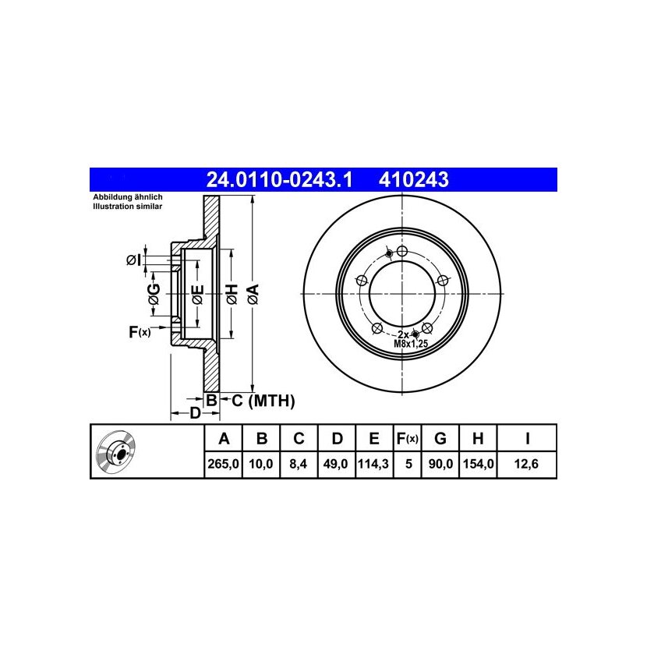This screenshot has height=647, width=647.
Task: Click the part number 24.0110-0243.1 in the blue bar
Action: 279,180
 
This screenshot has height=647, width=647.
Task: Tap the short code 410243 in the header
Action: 413,180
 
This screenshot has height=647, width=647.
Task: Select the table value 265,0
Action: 223,465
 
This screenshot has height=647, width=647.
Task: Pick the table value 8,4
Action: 299,465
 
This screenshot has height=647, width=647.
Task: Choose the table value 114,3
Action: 373,465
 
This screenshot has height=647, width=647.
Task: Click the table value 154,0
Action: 479,465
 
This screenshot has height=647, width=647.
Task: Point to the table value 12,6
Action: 526,465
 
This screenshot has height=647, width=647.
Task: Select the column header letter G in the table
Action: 440,439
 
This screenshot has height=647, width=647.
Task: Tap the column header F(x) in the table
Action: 407,439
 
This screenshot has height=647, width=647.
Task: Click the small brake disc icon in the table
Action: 116,453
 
